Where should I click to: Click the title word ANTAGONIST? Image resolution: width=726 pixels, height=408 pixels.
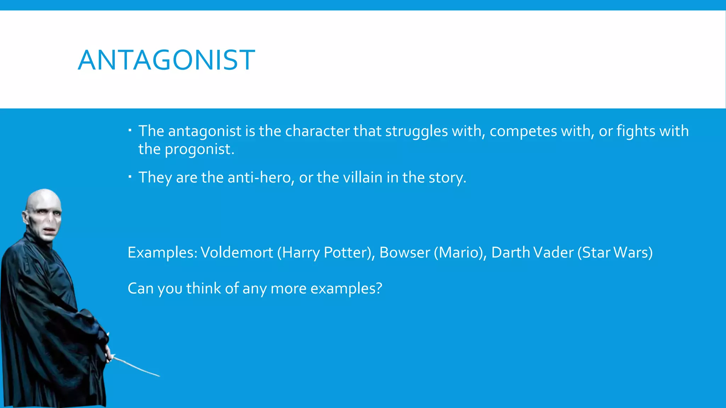coord(166,60)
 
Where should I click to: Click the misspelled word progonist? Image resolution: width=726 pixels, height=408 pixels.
coord(199,149)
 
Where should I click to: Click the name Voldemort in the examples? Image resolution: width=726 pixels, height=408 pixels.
coord(237,253)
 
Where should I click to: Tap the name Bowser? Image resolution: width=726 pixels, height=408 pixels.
coord(404,253)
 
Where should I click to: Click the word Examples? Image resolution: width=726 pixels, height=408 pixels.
coord(162,253)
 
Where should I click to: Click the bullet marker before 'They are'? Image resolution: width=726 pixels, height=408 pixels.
coord(130,176)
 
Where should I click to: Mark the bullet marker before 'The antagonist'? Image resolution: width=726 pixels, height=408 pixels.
coord(130,130)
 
